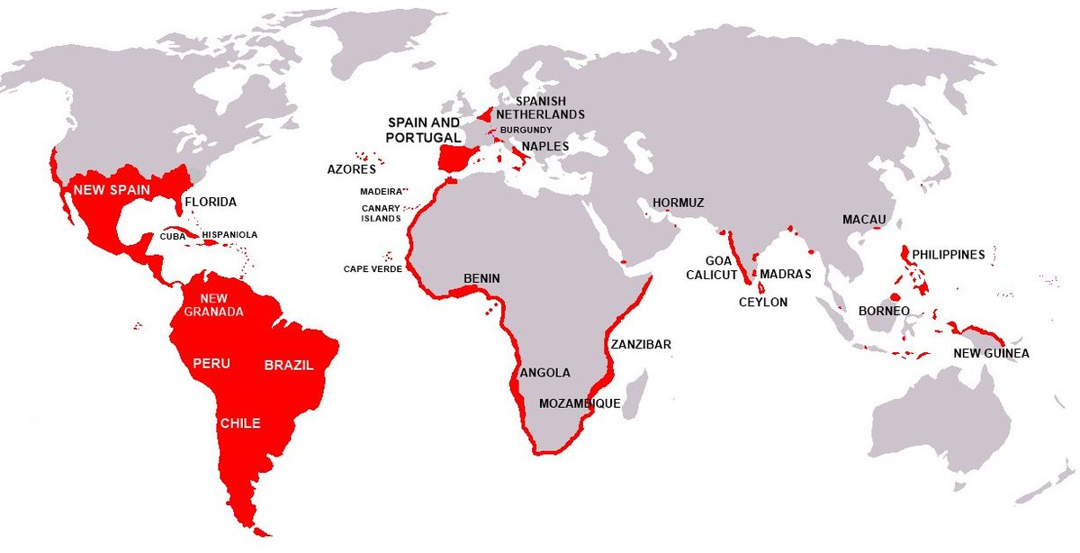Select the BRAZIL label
coord(289,365)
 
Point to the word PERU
coord(211,364)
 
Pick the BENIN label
coord(481,278)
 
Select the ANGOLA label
coord(545,372)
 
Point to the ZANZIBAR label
coord(640,344)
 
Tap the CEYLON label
coord(763,303)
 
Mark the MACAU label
coord(864,220)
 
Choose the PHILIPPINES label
coord(949,255)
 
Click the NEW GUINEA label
coord(991,354)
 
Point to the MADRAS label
coord(786,274)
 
